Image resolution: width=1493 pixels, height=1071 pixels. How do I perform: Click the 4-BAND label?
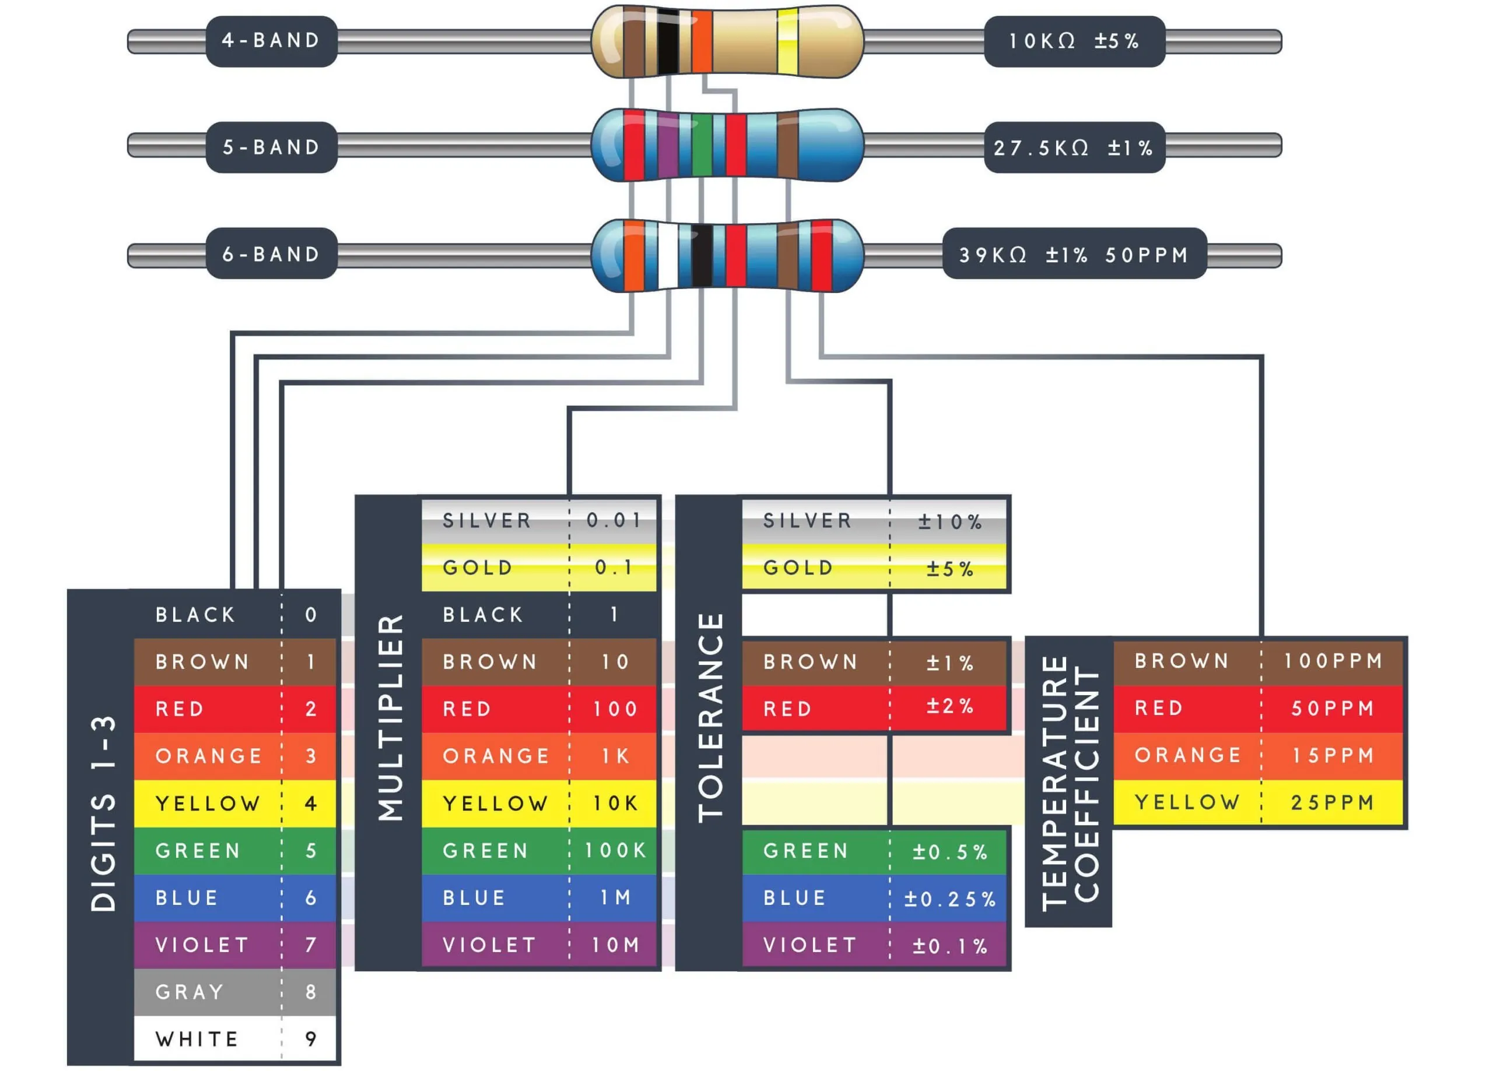[x=271, y=41]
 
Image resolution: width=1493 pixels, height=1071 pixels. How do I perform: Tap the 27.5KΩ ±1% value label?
[x=1074, y=147]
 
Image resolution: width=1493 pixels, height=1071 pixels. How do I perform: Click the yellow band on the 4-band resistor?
[x=787, y=41]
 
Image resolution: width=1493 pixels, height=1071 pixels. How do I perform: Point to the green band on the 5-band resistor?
[x=702, y=145]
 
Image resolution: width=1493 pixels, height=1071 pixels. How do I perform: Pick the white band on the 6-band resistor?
[x=668, y=255]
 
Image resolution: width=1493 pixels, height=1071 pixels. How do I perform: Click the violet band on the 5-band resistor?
[x=668, y=145]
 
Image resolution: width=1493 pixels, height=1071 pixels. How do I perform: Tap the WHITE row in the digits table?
[x=235, y=1038]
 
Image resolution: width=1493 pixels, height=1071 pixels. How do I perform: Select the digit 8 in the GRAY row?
[x=311, y=991]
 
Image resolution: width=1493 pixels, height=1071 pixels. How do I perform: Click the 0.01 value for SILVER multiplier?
[x=614, y=520]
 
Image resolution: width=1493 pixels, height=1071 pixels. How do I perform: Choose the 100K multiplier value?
[x=615, y=850]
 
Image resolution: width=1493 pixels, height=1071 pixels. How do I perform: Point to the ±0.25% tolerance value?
[x=949, y=899]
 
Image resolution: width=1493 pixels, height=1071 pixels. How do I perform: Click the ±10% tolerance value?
[x=950, y=522]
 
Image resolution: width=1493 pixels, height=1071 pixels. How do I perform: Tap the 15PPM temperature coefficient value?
[x=1333, y=755]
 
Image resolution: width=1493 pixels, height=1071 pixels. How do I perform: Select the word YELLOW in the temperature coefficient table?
[x=1187, y=802]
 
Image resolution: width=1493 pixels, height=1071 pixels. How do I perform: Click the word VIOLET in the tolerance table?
[x=809, y=945]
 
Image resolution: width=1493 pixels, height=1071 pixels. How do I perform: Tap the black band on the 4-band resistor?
[x=668, y=41]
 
